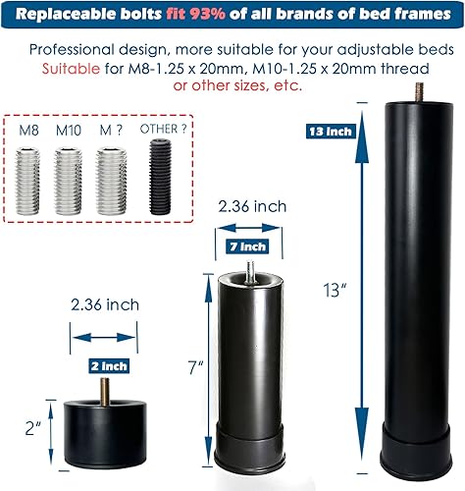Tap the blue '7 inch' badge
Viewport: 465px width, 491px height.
pyautogui.click(x=246, y=245)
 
